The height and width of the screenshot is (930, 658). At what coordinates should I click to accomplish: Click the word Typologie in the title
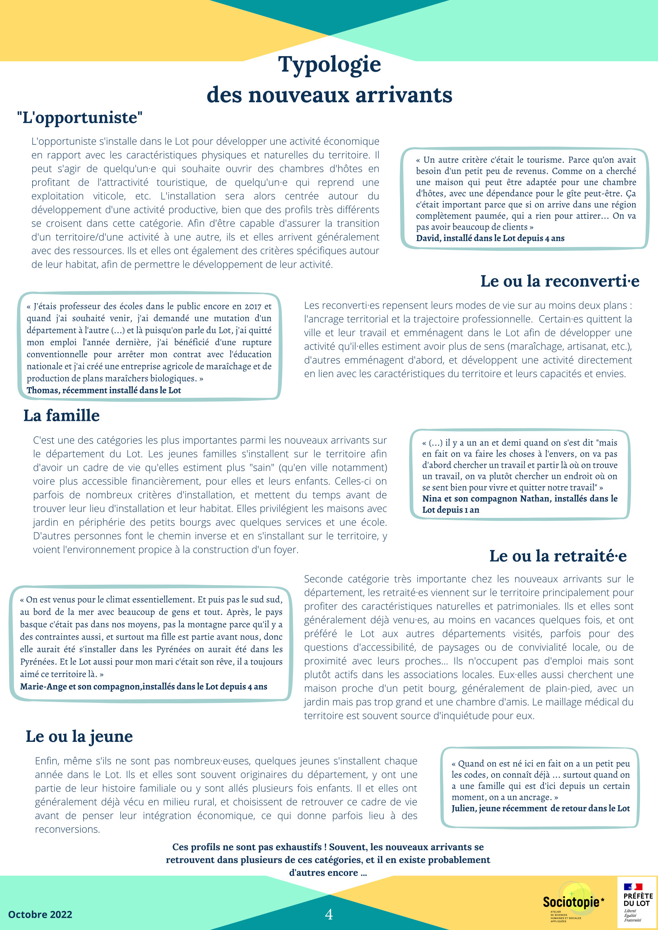[x=329, y=65]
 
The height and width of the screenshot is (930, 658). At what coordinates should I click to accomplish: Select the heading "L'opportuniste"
[x=80, y=118]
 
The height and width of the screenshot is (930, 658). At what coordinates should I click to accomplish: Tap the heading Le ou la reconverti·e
[x=560, y=281]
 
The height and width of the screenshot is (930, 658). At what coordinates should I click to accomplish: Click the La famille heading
[x=62, y=416]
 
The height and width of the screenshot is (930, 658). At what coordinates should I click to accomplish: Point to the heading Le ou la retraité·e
[x=558, y=556]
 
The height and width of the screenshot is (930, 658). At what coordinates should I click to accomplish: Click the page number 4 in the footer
[x=329, y=914]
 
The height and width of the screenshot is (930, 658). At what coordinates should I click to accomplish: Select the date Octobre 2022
[x=40, y=914]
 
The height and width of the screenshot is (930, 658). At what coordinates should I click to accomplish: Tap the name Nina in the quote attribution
[x=432, y=499]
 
